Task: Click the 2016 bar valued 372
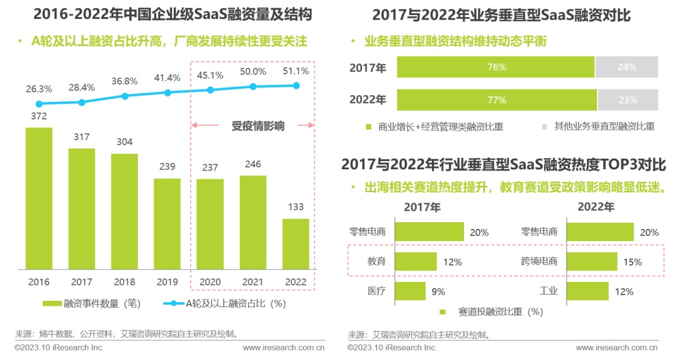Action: (39, 199)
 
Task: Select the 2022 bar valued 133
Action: (295, 244)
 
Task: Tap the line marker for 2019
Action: (167, 93)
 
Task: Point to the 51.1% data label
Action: (297, 71)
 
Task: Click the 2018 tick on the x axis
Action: (125, 283)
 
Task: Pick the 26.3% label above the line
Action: (39, 89)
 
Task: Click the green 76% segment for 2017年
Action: (496, 67)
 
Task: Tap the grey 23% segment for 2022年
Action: (627, 100)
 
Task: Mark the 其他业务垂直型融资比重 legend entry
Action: (599, 127)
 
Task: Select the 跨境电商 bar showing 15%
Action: (592, 261)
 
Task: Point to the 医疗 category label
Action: (377, 291)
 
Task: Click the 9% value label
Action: (438, 291)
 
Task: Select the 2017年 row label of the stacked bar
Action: (368, 67)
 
